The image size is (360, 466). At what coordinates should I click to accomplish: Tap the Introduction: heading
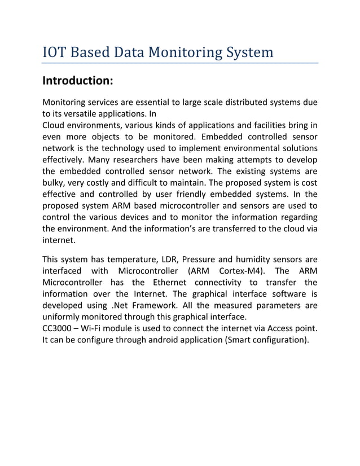78,81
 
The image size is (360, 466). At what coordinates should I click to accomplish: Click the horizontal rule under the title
181,63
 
